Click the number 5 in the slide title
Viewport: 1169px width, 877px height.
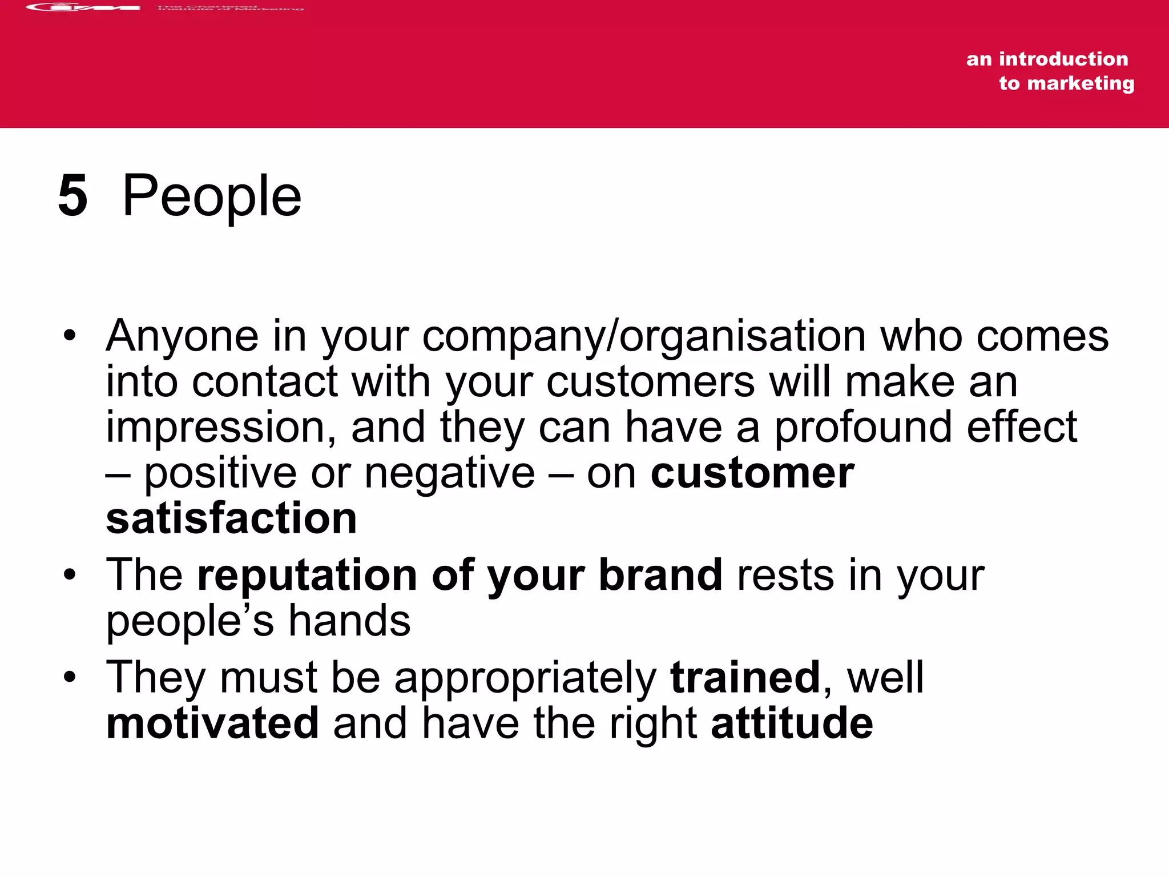coord(73,196)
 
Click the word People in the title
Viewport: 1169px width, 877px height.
coord(212,196)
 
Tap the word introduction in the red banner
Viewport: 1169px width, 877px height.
coord(1063,59)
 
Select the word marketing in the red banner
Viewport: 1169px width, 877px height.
coord(1081,83)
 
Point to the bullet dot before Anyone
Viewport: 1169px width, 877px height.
coord(70,336)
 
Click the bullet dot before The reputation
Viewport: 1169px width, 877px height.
coord(70,575)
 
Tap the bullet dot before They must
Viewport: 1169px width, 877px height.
coord(70,678)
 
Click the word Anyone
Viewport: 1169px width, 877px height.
coord(182,336)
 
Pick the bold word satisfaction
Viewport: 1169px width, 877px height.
coord(231,518)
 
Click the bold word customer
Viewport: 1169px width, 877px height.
coord(752,473)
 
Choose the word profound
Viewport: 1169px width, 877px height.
coord(862,428)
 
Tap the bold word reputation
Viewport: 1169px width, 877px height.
coord(307,576)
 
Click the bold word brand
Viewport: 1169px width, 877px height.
coord(660,575)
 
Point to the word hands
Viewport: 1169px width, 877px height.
coord(349,621)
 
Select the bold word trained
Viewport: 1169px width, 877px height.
coord(745,678)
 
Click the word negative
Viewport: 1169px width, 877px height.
coord(450,473)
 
